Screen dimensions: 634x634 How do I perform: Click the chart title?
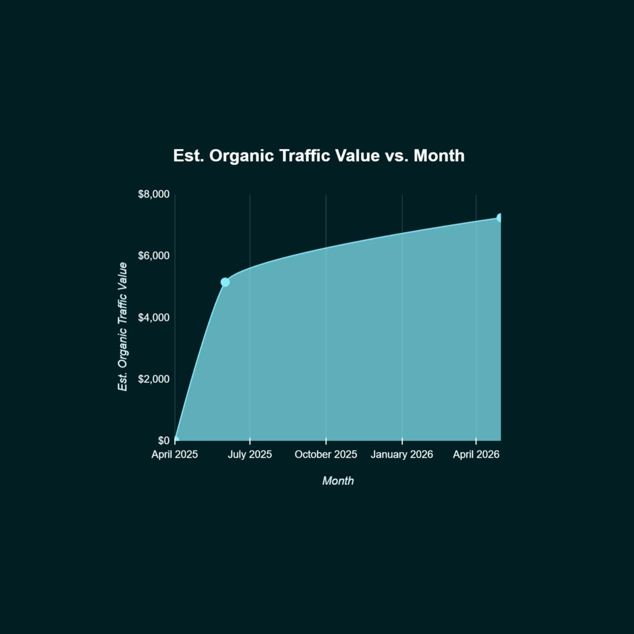pyautogui.click(x=319, y=156)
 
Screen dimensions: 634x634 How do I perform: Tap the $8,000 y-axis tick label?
pyautogui.click(x=154, y=194)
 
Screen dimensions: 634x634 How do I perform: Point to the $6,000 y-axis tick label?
pyautogui.click(x=154, y=256)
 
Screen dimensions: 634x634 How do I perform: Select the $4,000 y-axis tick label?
pyautogui.click(x=154, y=318)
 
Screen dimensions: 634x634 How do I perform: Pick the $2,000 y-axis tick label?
pyautogui.click(x=154, y=379)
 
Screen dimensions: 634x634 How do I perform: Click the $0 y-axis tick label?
pyautogui.click(x=164, y=440)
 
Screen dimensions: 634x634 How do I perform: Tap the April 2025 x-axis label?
pyautogui.click(x=175, y=454)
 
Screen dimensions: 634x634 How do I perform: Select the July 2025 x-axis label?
pyautogui.click(x=250, y=454)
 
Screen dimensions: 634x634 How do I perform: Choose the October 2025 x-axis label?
pyautogui.click(x=326, y=454)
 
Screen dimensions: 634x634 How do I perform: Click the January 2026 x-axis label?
pyautogui.click(x=402, y=454)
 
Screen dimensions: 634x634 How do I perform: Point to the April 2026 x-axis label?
pyautogui.click(x=476, y=454)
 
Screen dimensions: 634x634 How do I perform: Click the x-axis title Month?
pyautogui.click(x=338, y=481)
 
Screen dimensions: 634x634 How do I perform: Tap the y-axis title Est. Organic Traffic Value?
pyautogui.click(x=123, y=327)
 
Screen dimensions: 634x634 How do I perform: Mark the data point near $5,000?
pyautogui.click(x=225, y=282)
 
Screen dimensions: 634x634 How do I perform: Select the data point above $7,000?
pyautogui.click(x=500, y=218)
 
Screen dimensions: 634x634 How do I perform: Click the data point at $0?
pyautogui.click(x=176, y=440)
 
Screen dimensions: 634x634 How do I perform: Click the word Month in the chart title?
pyautogui.click(x=439, y=156)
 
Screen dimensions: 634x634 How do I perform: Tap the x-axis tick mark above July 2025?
pyautogui.click(x=250, y=441)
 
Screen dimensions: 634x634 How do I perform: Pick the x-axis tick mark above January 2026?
pyautogui.click(x=402, y=441)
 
